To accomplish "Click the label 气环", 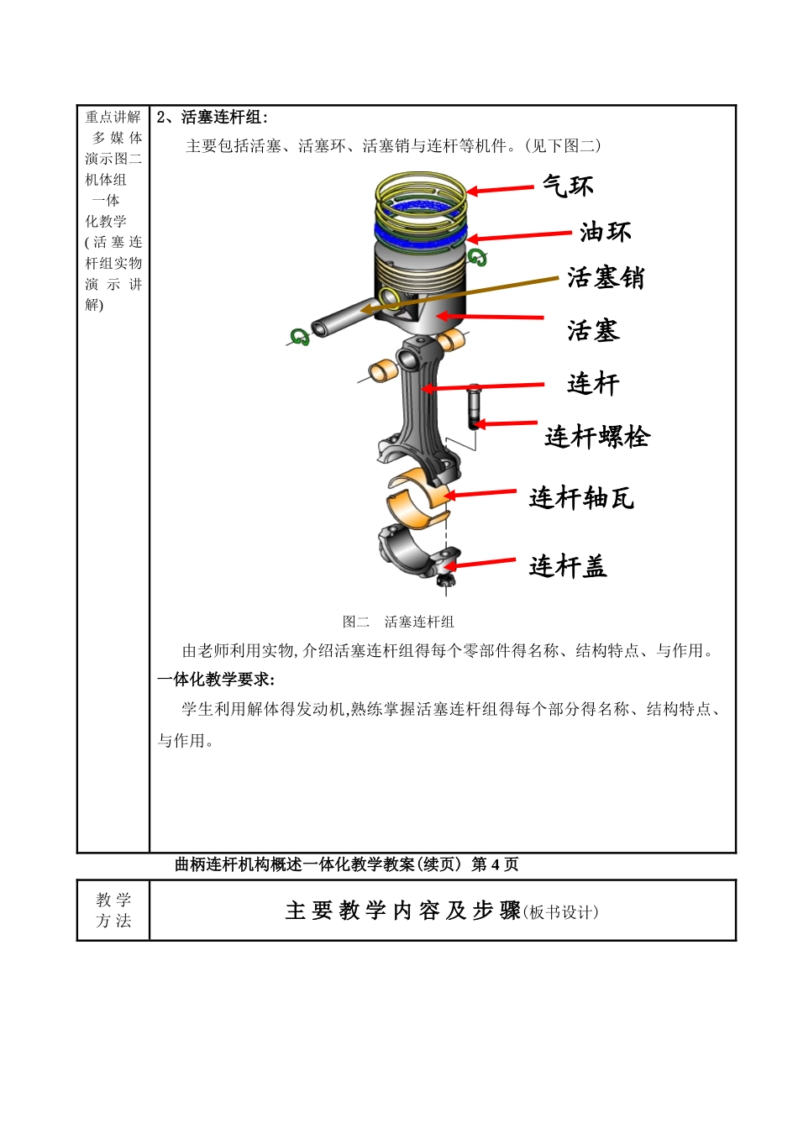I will pos(567,186).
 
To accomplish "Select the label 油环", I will pos(605,232).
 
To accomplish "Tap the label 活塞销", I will pos(605,278).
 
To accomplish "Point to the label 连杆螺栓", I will pos(596,437).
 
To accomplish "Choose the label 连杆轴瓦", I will pos(581,498).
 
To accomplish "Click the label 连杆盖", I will pos(567,567).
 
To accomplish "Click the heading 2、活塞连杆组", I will pos(212,118).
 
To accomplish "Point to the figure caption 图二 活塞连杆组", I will pos(398,622).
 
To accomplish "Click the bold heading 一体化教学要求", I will pos(216,680).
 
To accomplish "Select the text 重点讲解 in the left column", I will pos(113,118).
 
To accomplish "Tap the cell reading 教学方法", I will pos(113,911).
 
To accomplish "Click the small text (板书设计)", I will pos(560,912).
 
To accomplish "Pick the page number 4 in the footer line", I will pos(495,864).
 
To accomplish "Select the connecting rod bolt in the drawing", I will pos(474,407).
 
